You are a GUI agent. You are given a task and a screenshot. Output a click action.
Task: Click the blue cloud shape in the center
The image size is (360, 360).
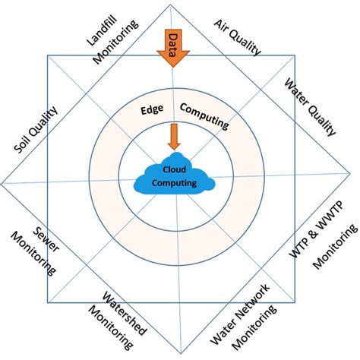click(175, 177)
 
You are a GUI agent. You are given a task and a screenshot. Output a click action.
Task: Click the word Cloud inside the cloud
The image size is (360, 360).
click(175, 169)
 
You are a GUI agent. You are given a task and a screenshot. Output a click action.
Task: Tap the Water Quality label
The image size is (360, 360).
click(309, 107)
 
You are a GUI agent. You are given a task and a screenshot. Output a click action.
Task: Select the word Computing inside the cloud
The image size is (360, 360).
click(175, 182)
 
